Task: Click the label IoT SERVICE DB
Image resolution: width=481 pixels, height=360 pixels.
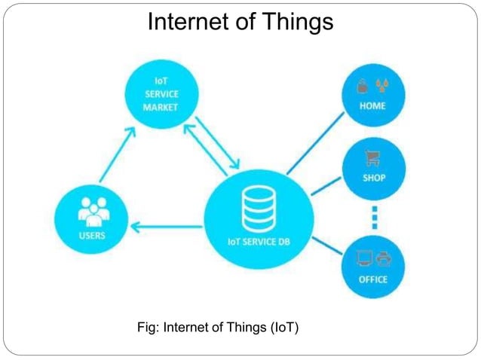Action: (x=257, y=241)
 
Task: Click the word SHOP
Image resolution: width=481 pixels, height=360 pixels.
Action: (x=373, y=178)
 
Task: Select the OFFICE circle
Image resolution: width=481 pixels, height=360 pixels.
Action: (x=373, y=267)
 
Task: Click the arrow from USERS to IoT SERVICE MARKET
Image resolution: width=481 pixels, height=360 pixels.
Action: (x=118, y=154)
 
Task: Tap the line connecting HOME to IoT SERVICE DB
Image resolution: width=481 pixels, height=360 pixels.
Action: (x=315, y=148)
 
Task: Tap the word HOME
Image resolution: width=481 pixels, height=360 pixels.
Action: (x=372, y=106)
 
